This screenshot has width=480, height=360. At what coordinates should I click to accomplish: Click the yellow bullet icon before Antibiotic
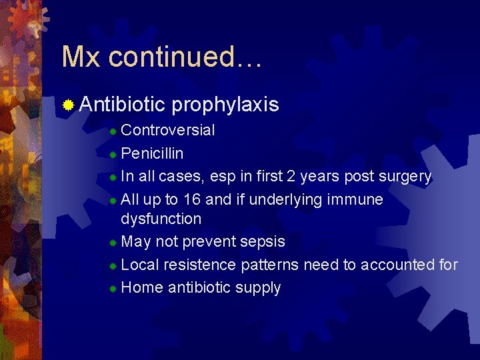click(68, 105)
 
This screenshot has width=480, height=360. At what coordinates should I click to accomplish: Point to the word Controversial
click(168, 130)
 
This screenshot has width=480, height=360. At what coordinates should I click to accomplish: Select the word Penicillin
click(153, 153)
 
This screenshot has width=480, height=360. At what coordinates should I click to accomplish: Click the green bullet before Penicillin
click(113, 155)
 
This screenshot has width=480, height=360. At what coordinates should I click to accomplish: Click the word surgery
click(404, 176)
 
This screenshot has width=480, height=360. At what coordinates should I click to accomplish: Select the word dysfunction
click(161, 219)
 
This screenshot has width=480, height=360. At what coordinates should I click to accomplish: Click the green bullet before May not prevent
click(113, 243)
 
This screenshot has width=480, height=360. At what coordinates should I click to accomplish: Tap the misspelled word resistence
click(199, 265)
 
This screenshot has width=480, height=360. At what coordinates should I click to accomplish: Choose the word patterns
click(270, 265)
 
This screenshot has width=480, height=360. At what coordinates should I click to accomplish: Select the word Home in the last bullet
click(142, 287)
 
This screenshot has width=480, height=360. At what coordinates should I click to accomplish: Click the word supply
click(257, 288)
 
